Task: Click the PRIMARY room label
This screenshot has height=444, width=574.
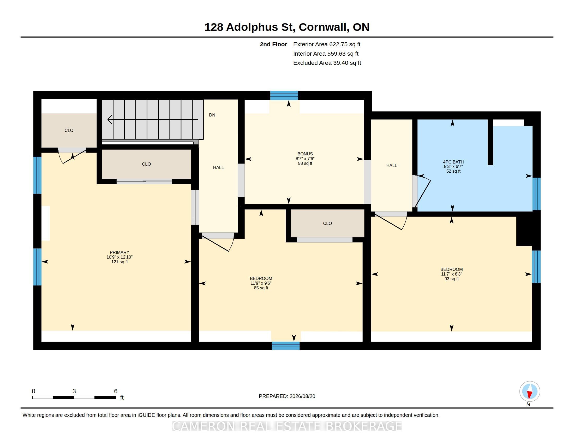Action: click(x=119, y=252)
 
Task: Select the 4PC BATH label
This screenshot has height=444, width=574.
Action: click(x=453, y=162)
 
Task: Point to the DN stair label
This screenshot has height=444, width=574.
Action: click(x=212, y=115)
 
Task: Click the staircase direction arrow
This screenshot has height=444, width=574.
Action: click(x=152, y=119)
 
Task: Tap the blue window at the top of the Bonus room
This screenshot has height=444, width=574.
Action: click(x=284, y=95)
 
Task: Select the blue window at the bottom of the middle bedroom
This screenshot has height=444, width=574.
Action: click(x=286, y=346)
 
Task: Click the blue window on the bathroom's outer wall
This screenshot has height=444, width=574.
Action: click(x=536, y=194)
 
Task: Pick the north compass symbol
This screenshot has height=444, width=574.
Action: click(x=530, y=392)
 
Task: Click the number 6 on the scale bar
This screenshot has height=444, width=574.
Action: click(x=116, y=391)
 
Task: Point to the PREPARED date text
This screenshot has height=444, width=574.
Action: click(x=287, y=396)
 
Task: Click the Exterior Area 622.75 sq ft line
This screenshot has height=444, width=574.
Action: click(x=327, y=44)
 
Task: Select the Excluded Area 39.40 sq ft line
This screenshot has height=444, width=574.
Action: click(x=327, y=63)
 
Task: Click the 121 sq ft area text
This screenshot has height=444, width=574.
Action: click(x=119, y=262)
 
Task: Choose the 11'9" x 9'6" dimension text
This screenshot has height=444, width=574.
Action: click(x=261, y=283)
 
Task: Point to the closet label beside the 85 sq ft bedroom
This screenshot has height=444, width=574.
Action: click(x=327, y=223)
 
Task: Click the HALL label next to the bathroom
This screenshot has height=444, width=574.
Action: click(x=392, y=165)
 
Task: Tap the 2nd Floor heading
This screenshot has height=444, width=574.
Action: click(x=273, y=44)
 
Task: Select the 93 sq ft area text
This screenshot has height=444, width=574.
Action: click(x=452, y=279)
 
